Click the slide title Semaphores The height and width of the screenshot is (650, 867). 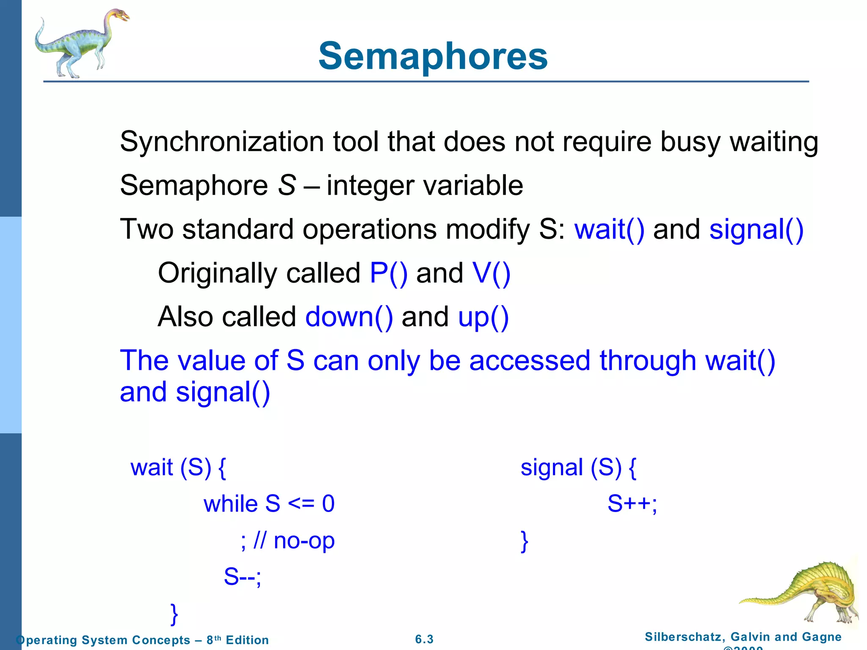[x=433, y=56]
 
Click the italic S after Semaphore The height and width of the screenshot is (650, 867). [x=287, y=185]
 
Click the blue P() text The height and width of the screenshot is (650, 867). [x=388, y=273]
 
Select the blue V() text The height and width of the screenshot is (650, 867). [x=491, y=273]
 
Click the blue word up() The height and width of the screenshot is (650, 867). [x=483, y=317]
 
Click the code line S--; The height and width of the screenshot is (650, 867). [x=243, y=576]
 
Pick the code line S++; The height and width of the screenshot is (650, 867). [x=632, y=504]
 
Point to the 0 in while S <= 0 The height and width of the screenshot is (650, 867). [x=328, y=504]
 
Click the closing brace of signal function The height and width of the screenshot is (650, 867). [x=525, y=541]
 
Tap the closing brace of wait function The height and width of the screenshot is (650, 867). [x=174, y=614]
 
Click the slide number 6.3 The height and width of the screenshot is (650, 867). [x=424, y=639]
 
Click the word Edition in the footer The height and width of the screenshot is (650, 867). [x=247, y=640]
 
